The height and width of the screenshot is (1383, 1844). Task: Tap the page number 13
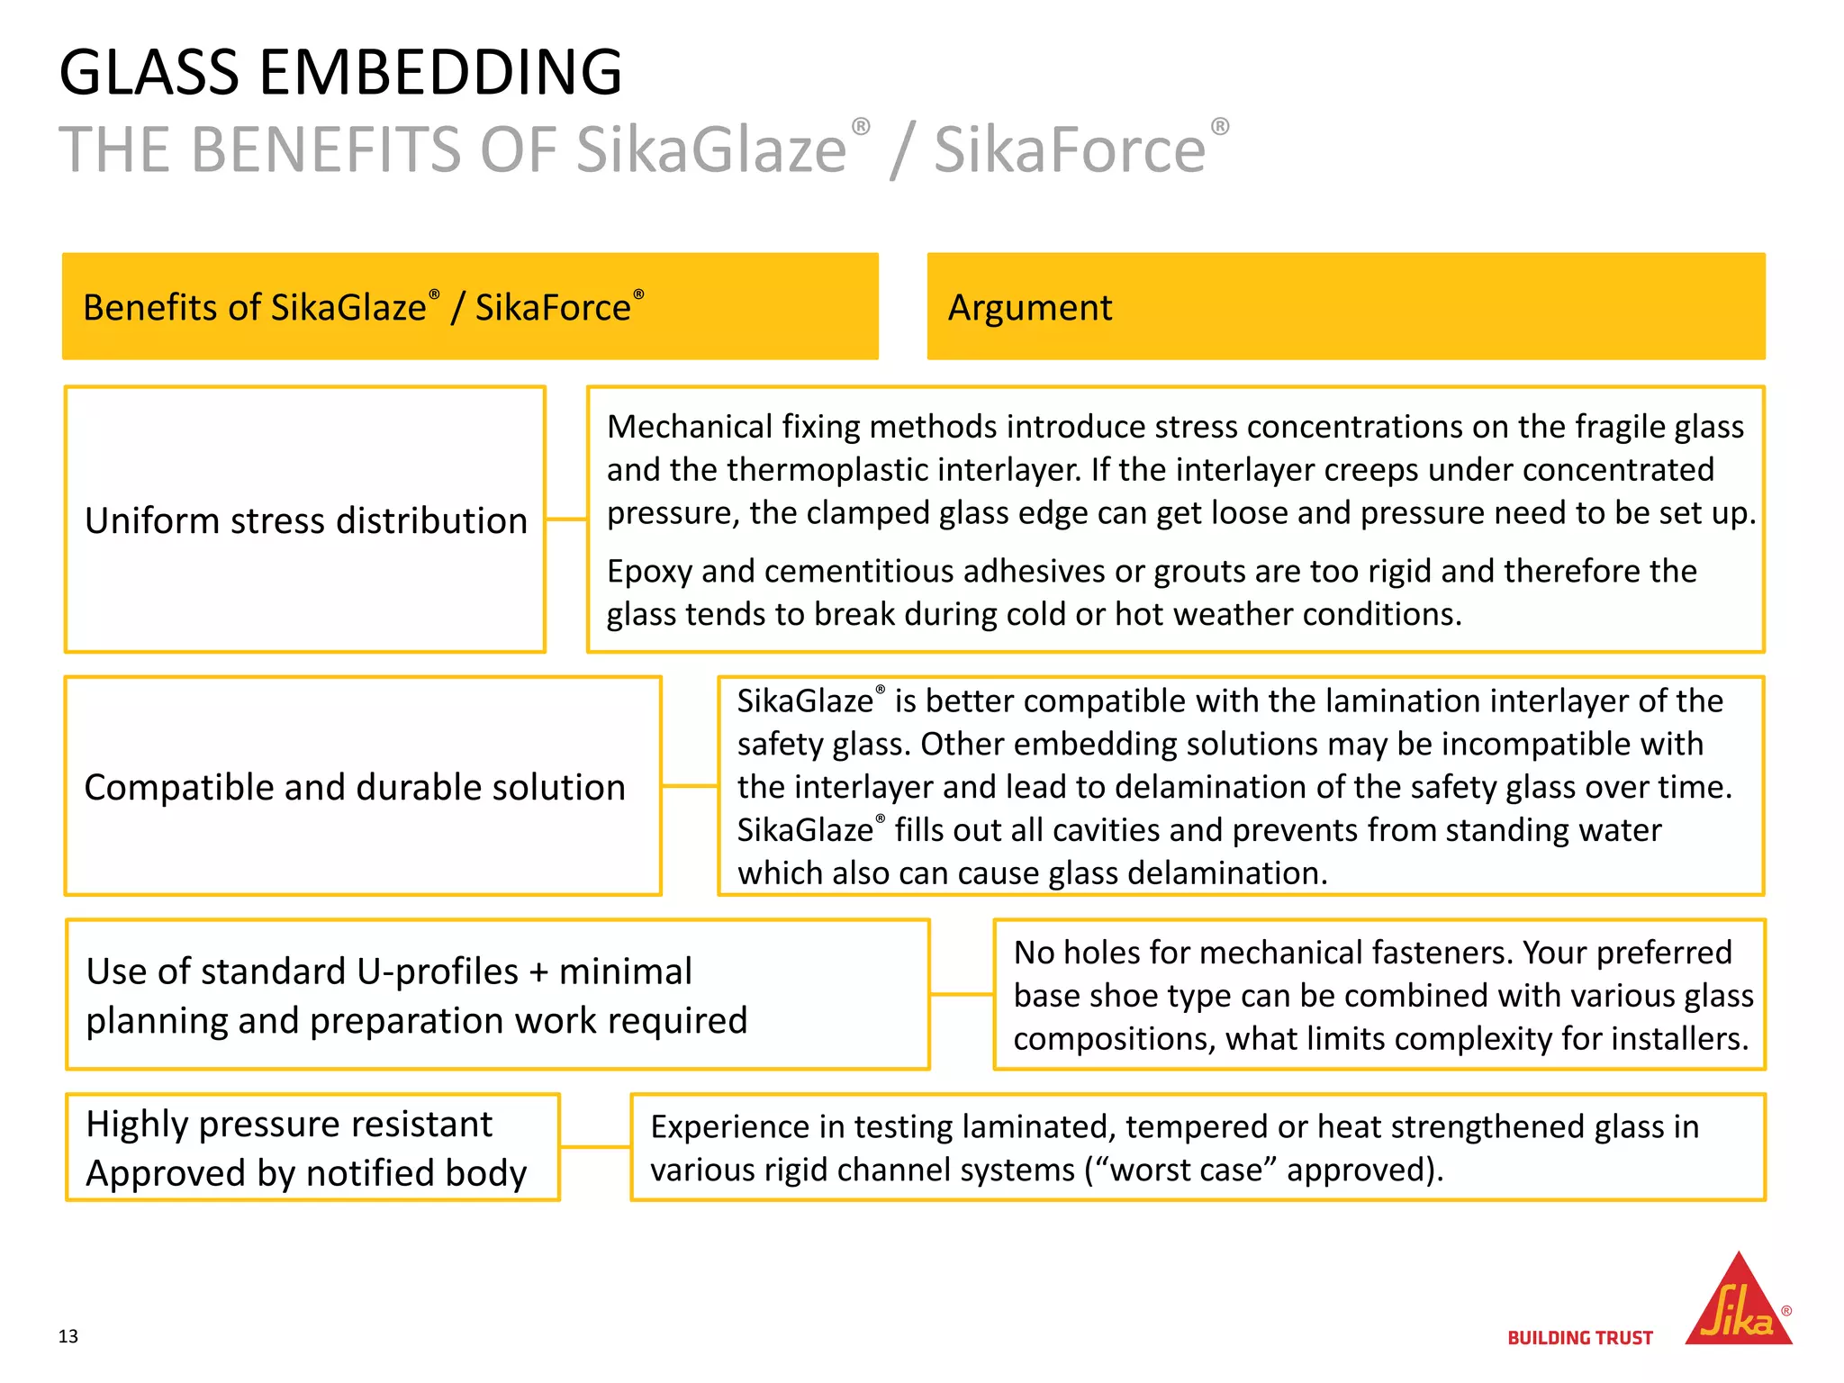pyautogui.click(x=68, y=1336)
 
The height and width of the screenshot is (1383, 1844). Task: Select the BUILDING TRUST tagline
pyautogui.click(x=1580, y=1338)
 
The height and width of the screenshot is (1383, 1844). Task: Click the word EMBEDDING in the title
pyautogui.click(x=440, y=72)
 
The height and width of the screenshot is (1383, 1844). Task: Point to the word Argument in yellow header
pyautogui.click(x=1030, y=308)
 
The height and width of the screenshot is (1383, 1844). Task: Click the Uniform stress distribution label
pyautogui.click(x=305, y=520)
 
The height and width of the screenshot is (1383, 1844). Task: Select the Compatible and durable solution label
pyautogui.click(x=355, y=787)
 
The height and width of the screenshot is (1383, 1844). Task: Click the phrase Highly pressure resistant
pyautogui.click(x=289, y=1124)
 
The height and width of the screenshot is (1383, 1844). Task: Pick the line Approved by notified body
pyautogui.click(x=306, y=1173)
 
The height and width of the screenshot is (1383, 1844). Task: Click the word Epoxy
pyautogui.click(x=649, y=572)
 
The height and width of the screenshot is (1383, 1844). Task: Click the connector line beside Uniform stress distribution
pyautogui.click(x=566, y=520)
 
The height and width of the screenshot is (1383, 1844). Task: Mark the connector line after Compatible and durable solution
pyautogui.click(x=690, y=786)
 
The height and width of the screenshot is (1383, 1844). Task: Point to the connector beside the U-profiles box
pyautogui.click(x=962, y=995)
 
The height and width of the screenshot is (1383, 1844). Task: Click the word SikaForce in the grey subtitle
pyautogui.click(x=1070, y=149)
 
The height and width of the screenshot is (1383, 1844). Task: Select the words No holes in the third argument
pyautogui.click(x=1076, y=953)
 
